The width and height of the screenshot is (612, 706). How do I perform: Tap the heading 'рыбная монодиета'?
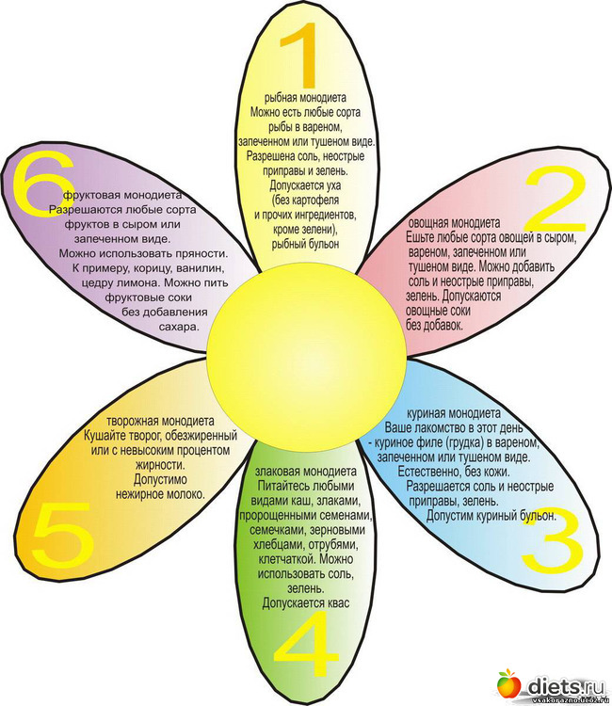tap(305, 97)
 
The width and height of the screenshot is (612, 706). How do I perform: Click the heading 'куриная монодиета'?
tap(451, 413)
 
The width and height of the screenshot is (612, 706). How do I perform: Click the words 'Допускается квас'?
tap(299, 601)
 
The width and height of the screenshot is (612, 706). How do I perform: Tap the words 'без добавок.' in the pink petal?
tap(435, 325)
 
